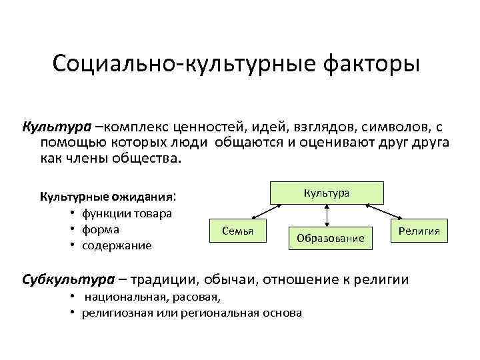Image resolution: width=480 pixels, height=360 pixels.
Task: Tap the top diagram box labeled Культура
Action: (326, 193)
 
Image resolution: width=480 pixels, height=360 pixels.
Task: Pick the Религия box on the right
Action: (419, 231)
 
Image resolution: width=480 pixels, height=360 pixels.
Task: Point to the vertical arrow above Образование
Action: (327, 215)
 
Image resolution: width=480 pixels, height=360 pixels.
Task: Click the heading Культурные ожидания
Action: (107, 197)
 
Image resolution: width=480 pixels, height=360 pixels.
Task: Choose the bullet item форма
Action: (100, 229)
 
